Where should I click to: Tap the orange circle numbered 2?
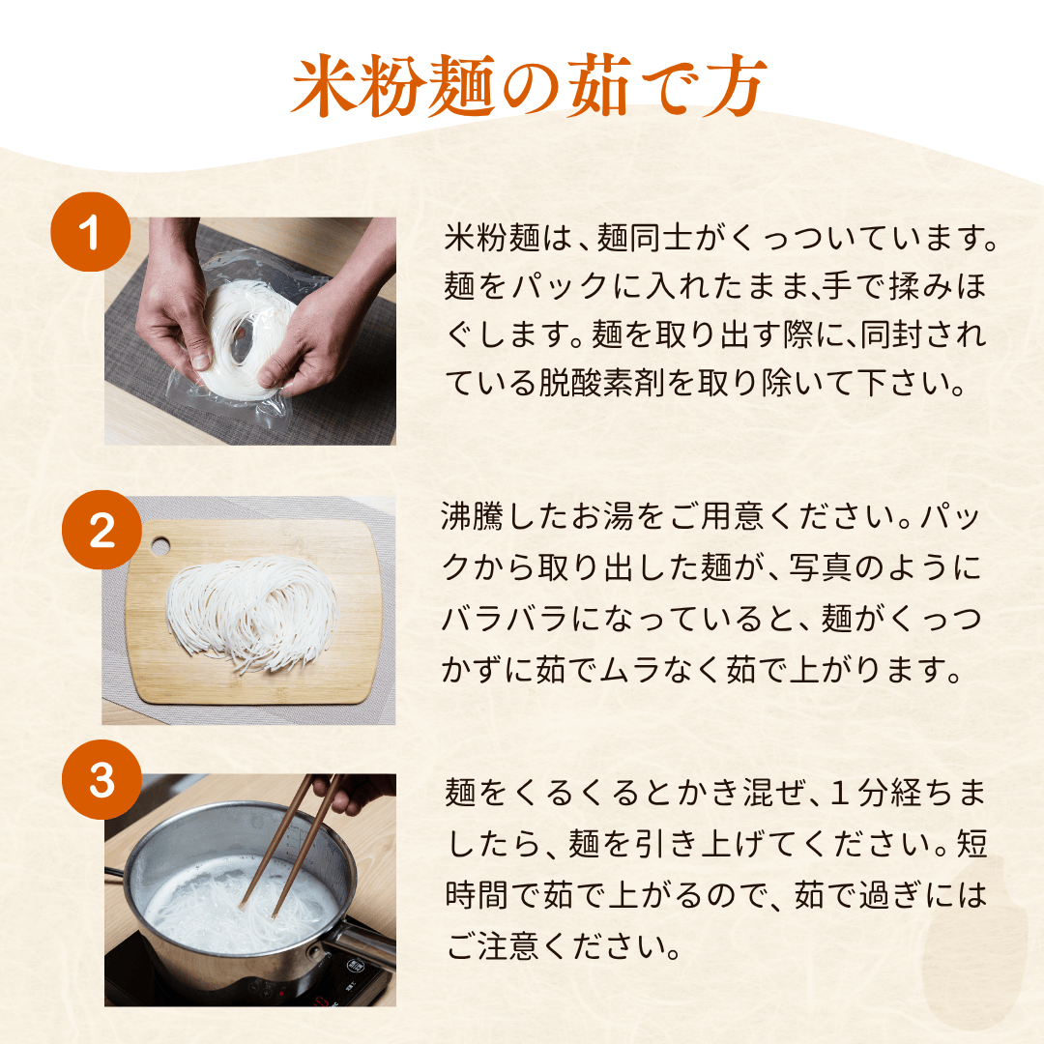(x=101, y=533)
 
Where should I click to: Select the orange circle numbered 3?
(x=101, y=781)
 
